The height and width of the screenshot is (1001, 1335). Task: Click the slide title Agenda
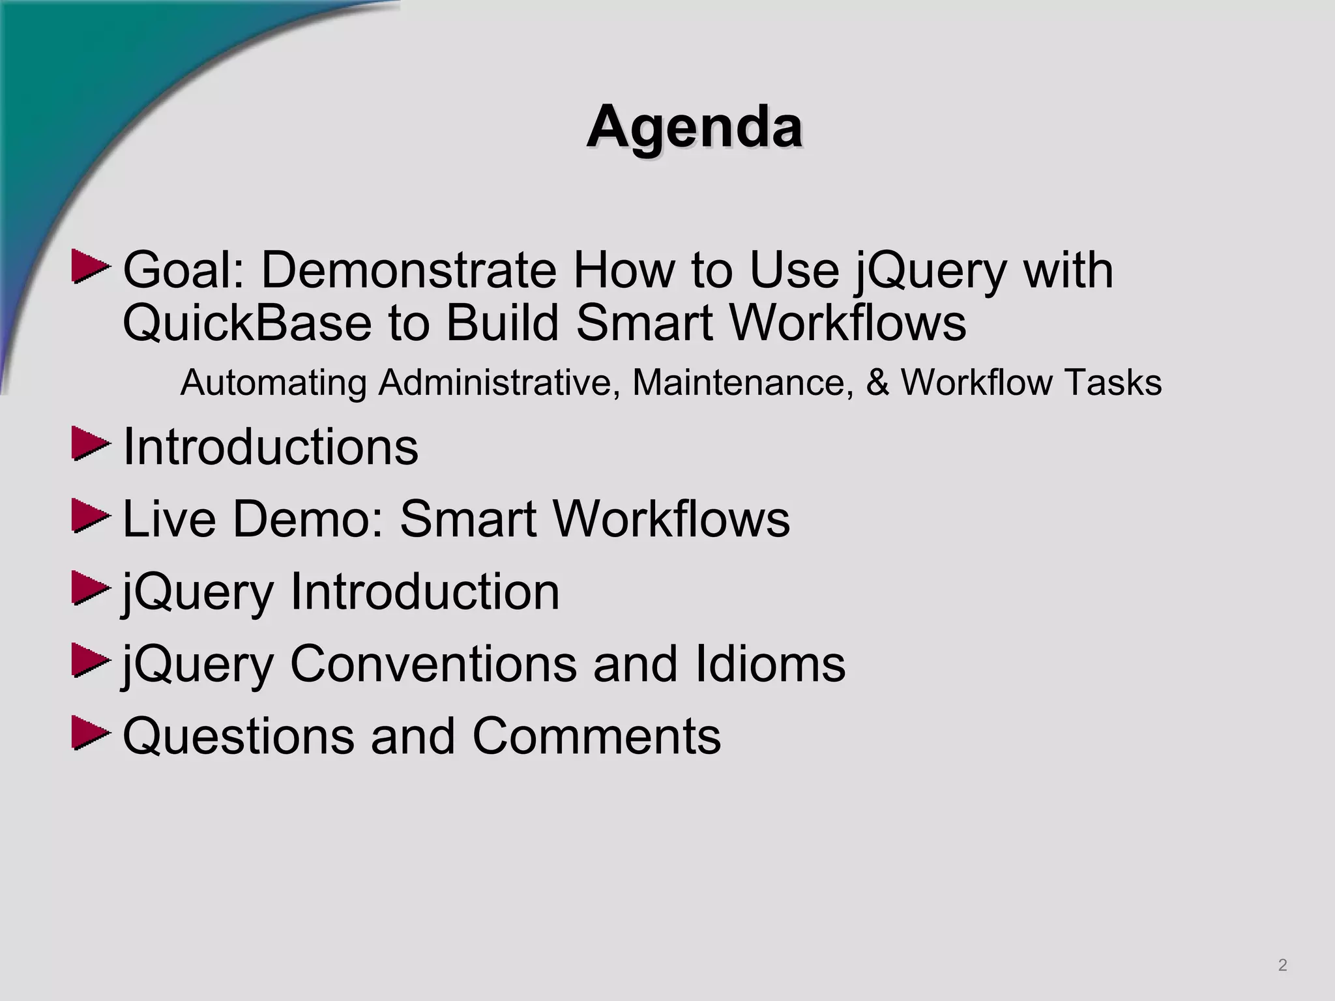tap(694, 127)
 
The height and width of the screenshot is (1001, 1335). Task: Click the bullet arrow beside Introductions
tap(89, 444)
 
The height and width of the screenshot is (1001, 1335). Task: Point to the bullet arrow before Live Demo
tap(89, 517)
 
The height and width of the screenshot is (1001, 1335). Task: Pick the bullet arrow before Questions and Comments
tap(89, 734)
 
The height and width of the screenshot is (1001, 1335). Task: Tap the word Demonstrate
tap(409, 270)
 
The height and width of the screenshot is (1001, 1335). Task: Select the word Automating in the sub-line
tap(273, 383)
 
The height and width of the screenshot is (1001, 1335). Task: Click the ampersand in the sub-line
tap(877, 383)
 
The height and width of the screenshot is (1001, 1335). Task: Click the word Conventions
tap(433, 664)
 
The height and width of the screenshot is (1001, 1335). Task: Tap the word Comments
tap(596, 736)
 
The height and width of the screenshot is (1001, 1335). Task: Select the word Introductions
tap(271, 447)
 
